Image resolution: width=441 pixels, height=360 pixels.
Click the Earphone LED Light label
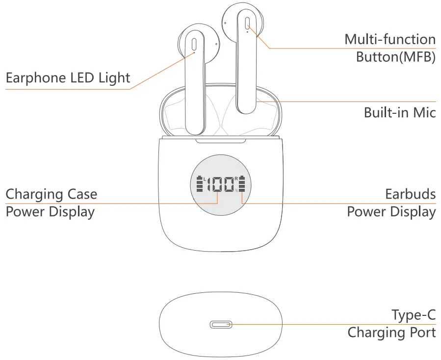[x=68, y=77]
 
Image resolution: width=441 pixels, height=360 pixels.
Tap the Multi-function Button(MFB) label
[x=390, y=48]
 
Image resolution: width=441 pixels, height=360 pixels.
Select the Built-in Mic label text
[x=399, y=112]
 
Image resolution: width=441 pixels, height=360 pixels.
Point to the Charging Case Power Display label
[x=51, y=203]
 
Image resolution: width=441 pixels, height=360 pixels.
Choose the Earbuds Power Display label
[x=391, y=203]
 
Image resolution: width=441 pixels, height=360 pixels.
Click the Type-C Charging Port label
[x=391, y=323]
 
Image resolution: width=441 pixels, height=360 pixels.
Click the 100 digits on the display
[x=220, y=184]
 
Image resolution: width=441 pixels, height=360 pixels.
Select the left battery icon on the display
[x=199, y=184]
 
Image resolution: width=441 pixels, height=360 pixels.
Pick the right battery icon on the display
[x=241, y=184]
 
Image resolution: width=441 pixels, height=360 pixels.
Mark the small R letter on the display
[x=236, y=178]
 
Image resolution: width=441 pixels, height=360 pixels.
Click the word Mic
[x=425, y=112]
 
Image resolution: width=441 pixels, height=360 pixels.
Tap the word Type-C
[x=414, y=315]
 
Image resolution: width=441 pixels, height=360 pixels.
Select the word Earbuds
[x=410, y=194]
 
